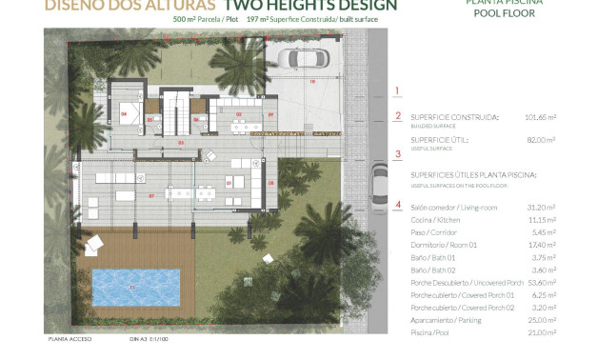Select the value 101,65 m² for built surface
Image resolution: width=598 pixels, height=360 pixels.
[x=540, y=118]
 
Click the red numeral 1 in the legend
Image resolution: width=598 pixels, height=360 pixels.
[x=398, y=91]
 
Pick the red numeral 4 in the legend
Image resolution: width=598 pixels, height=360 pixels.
[x=398, y=204]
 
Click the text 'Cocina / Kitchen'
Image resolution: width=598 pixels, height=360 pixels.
[x=435, y=220]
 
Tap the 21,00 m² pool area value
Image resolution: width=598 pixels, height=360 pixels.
[x=541, y=332]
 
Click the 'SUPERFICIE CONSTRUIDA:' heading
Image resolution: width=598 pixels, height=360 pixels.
[x=454, y=117]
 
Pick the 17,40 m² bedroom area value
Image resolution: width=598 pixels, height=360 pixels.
[x=541, y=245]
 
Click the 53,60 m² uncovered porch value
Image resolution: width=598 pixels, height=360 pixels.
[x=541, y=283]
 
